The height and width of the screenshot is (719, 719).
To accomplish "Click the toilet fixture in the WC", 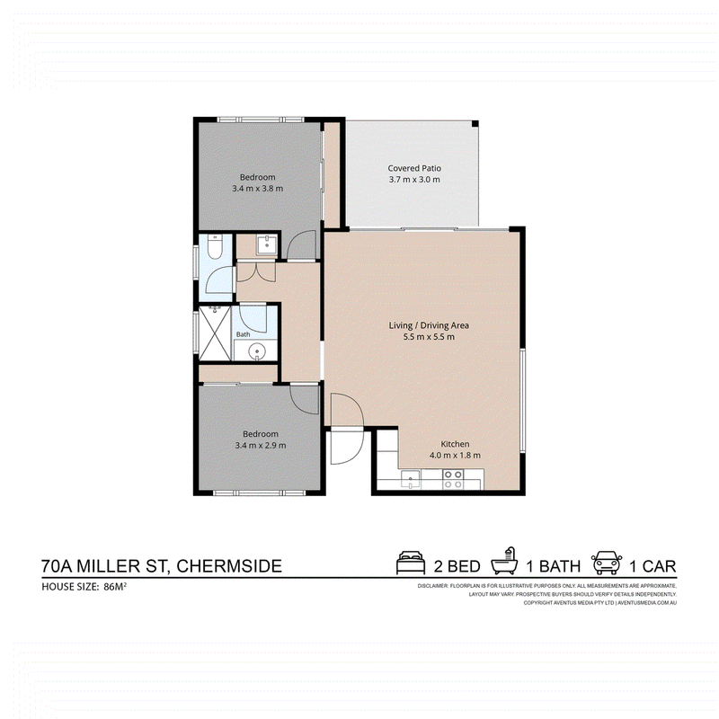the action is (215, 246).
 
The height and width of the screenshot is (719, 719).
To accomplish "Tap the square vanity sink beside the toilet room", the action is (266, 244).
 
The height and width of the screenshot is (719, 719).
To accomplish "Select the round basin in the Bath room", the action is (256, 351).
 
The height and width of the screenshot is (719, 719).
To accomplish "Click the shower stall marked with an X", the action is (215, 333).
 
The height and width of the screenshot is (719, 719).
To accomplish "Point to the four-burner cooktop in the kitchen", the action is (453, 479).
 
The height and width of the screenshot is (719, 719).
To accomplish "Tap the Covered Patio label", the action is (414, 168).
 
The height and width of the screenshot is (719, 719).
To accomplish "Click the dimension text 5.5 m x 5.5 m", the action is (429, 337).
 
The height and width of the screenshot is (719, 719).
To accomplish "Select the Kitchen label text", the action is (455, 444).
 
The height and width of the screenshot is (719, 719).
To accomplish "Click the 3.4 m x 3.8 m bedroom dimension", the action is (257, 189).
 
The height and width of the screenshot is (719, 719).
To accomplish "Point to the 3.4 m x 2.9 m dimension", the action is (261, 445).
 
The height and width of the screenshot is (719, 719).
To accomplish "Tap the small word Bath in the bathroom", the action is (243, 334).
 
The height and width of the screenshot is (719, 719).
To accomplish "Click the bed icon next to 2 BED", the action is (411, 563).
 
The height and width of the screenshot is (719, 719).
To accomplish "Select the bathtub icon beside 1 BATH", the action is (504, 561).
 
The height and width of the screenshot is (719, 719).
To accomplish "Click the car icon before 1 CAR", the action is (607, 563).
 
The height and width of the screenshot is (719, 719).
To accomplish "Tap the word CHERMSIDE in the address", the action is (229, 566).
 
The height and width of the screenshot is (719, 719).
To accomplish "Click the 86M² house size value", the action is (115, 587).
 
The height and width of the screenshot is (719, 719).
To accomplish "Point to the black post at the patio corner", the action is (475, 124).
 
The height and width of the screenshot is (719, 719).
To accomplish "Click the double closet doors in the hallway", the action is (256, 271).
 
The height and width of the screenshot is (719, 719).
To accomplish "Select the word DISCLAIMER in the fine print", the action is (432, 586).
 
